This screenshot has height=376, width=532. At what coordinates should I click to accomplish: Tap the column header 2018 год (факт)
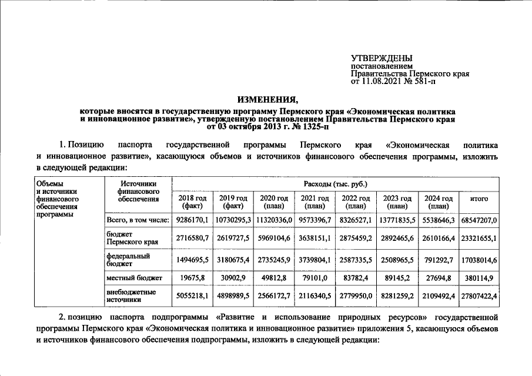pos(192,202)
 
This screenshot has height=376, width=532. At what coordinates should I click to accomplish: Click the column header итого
pos(479,199)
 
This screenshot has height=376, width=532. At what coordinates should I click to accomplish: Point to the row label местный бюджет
pos(131,277)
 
